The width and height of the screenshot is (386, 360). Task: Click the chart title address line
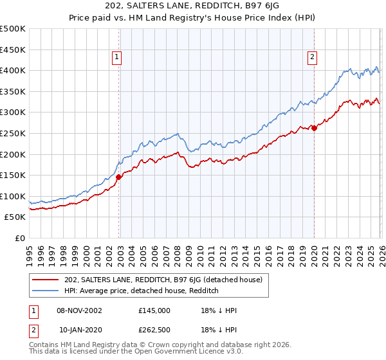193,6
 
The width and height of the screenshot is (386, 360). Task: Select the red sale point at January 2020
314,129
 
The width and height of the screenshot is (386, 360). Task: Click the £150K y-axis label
14,175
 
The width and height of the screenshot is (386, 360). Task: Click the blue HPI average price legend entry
142,291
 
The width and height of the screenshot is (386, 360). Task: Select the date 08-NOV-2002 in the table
79,310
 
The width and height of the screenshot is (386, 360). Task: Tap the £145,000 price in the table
154,310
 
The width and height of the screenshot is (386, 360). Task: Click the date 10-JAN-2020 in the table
79,329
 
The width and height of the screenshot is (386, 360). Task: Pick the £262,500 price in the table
154,329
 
